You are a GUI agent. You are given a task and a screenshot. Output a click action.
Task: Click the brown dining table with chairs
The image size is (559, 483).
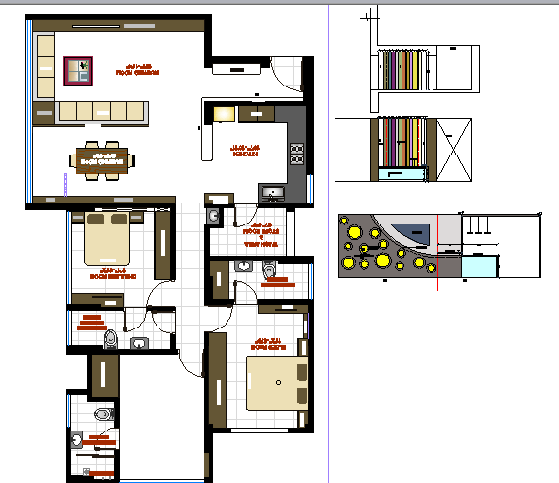tap(101, 160)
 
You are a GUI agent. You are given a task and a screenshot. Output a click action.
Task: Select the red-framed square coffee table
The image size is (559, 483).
tap(78, 70)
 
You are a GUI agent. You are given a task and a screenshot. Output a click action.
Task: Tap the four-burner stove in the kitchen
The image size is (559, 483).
tap(296, 152)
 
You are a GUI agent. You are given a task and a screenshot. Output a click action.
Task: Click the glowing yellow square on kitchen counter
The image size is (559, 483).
tap(224, 114)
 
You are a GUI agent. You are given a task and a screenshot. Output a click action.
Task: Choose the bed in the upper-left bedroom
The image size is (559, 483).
tap(108, 239)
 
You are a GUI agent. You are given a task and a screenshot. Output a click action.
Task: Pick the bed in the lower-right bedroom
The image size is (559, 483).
tap(277, 382)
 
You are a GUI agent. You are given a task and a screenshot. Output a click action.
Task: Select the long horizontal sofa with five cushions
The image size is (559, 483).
tap(102, 111)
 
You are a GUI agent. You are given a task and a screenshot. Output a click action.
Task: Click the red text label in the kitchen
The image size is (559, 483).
tap(243, 150)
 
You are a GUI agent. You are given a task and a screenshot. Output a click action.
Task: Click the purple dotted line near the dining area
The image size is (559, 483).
tap(64, 186)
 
